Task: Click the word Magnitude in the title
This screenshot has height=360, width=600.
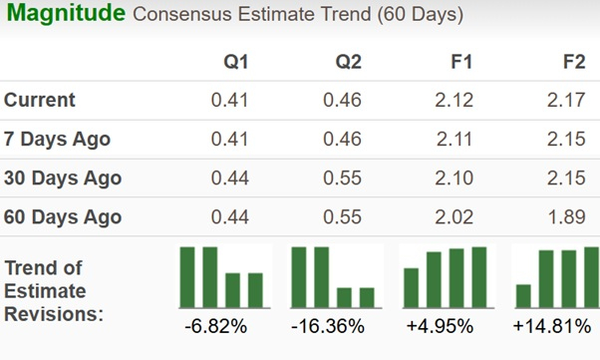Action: click(64, 15)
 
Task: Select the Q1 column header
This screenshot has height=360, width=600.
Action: click(235, 63)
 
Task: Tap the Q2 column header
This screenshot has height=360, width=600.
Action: click(347, 63)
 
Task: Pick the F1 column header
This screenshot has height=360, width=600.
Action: click(460, 63)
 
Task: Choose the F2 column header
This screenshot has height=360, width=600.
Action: click(573, 63)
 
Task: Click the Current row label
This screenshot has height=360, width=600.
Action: click(40, 101)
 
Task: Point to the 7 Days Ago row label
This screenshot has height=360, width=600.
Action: click(58, 140)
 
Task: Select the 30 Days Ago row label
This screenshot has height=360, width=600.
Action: click(63, 179)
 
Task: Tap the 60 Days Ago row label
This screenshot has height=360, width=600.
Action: click(63, 217)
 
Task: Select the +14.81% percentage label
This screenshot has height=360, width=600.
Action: click(554, 327)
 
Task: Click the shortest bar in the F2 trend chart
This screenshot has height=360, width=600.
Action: click(523, 296)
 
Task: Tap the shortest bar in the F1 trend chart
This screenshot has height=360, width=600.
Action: click(410, 288)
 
